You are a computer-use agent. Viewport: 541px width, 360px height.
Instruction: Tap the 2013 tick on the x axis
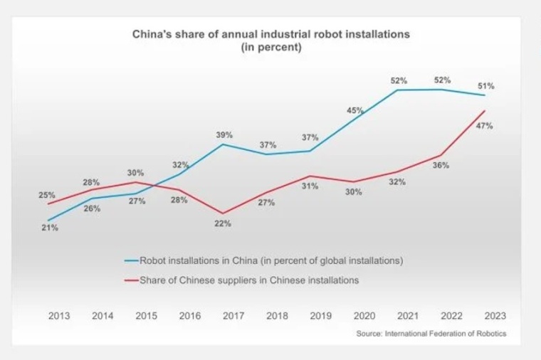tap(58, 317)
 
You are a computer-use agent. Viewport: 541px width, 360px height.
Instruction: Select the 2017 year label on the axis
tap(233, 317)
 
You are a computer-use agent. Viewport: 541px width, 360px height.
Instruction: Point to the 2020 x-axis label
tap(364, 317)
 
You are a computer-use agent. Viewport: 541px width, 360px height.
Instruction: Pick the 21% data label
tap(49, 228)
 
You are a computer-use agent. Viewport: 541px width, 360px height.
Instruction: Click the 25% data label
tap(47, 195)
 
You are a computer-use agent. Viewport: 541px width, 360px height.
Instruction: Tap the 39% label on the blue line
tap(224, 134)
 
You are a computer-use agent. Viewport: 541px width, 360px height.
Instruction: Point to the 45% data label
tap(355, 110)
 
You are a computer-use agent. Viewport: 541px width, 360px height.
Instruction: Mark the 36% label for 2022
tap(441, 165)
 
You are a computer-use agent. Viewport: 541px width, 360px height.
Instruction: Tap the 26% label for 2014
tap(93, 208)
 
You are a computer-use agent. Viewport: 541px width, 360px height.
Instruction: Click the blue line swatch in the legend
tap(131, 261)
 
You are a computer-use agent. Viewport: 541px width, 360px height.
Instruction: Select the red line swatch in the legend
tap(131, 280)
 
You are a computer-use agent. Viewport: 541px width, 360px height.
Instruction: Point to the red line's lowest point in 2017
tap(224, 213)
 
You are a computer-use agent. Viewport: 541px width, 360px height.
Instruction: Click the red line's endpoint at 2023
tap(485, 110)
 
